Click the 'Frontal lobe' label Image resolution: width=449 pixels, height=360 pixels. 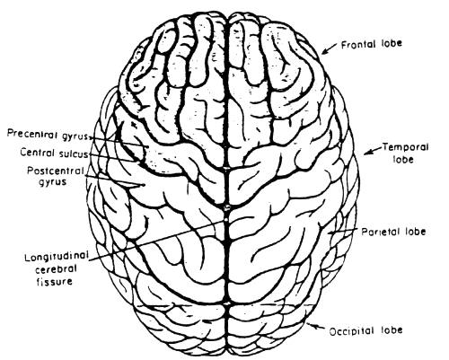pos(372,44)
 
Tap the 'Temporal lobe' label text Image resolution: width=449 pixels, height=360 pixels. pos(406,153)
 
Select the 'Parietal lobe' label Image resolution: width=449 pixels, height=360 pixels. pos(393,232)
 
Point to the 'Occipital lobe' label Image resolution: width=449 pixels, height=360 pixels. pos(365,330)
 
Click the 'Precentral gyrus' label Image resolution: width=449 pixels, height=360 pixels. pos(48,135)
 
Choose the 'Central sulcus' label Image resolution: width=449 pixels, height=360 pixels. pos(54,153)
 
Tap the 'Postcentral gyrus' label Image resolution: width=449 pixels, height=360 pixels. pos(55,176)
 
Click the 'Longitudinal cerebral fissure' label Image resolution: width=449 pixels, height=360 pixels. pos(57,269)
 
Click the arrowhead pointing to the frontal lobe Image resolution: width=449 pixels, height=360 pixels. pos(325,51)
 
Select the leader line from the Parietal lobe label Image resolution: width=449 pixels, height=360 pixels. pos(343,231)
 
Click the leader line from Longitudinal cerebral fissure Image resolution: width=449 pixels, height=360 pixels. pos(155,241)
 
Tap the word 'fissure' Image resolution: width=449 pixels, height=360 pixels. pos(54,281)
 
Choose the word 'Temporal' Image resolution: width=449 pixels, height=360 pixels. pos(406,147)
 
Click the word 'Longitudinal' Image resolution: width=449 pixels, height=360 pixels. pos(57,258)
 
